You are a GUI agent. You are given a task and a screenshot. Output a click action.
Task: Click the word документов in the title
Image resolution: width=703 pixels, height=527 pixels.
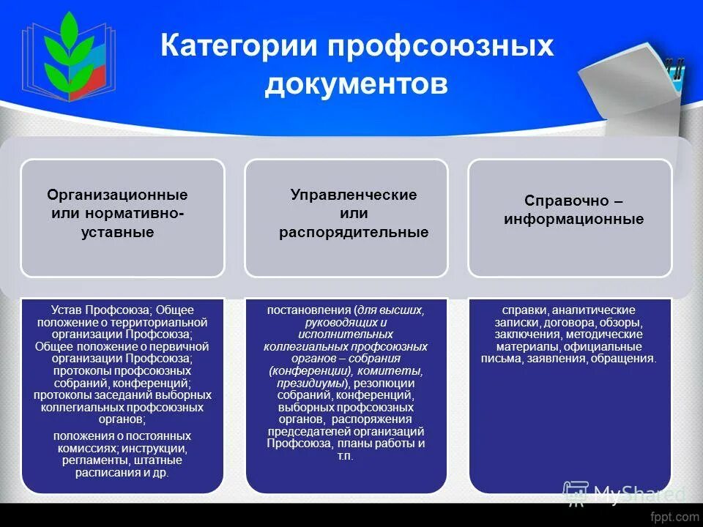pyautogui.click(x=356, y=84)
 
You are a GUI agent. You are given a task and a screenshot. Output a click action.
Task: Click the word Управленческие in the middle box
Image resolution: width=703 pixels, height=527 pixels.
pyautogui.click(x=354, y=195)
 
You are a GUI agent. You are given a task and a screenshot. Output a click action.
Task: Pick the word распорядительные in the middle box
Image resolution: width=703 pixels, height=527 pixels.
pyautogui.click(x=354, y=233)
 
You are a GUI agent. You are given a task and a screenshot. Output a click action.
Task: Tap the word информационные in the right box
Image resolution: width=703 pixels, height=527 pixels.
pyautogui.click(x=574, y=219)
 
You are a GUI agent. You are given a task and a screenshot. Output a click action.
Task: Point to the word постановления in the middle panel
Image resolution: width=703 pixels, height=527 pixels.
pyautogui.click(x=310, y=310)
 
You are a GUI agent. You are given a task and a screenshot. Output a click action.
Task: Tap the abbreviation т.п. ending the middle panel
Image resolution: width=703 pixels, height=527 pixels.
pyautogui.click(x=346, y=455)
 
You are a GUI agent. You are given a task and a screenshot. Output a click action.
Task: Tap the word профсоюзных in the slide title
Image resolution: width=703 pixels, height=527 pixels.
pyautogui.click(x=439, y=47)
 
